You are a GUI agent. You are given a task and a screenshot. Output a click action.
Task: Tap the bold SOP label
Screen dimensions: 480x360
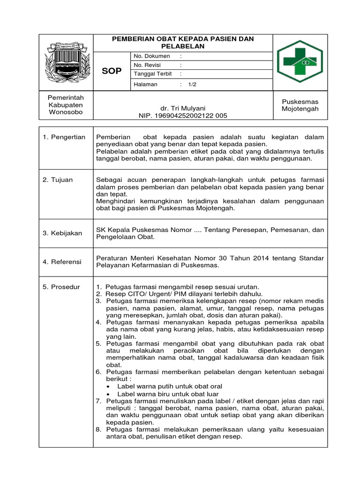click(112, 71)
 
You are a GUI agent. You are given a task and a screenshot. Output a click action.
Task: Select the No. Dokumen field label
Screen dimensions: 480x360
click(151, 56)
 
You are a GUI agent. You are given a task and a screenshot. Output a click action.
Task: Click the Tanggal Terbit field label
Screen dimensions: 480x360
click(153, 74)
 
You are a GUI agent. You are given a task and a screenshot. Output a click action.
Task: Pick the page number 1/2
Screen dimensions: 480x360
click(193, 84)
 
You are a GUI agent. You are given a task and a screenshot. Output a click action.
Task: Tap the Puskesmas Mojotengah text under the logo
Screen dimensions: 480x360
click(300, 105)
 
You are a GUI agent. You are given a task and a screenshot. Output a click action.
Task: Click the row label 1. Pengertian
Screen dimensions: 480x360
click(64, 137)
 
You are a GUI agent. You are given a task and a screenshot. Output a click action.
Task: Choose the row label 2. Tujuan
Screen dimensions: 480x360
click(58, 180)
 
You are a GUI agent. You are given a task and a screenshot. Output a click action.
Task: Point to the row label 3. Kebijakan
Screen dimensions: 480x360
click(62, 233)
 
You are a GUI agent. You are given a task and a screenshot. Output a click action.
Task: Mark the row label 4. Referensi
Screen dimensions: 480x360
click(62, 262)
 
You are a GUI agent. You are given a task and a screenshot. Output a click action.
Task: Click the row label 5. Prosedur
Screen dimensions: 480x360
click(61, 286)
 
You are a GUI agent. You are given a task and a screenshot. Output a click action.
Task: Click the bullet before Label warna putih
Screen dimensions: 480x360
click(109, 386)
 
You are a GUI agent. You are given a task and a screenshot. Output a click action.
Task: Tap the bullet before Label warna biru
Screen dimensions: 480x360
click(109, 394)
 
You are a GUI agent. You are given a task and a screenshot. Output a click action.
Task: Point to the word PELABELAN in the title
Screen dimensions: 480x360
click(183, 47)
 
